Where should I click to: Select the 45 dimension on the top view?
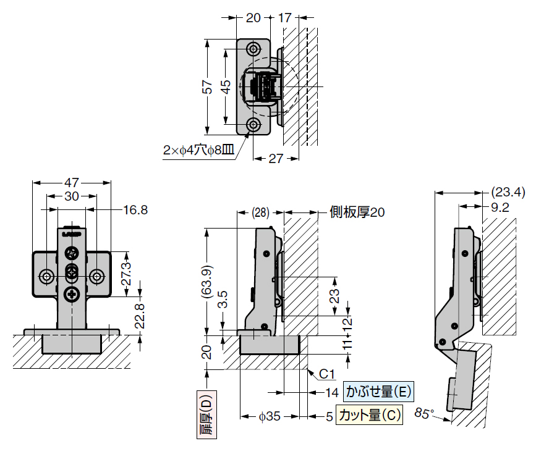pos(226,86)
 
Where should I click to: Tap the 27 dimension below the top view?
pos(276,159)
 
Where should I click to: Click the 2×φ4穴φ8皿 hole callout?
pos(199,150)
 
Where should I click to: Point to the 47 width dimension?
pos(72,183)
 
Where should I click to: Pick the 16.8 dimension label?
pos(135,210)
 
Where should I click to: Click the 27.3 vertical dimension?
pos(126,274)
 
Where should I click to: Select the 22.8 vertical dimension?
pos(140,316)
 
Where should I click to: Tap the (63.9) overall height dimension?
pos(208,282)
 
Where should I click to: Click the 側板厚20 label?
pos(357,212)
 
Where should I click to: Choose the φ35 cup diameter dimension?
pos(270,416)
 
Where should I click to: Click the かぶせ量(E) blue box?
pos(378,392)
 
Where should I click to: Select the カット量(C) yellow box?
pos(369,415)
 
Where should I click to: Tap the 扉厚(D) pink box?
pos(207,414)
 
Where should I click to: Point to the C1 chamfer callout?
pos(326,374)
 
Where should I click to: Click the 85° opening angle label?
pos(424,413)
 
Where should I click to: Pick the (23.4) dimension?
pos(508,192)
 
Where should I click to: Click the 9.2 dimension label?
pos(500,208)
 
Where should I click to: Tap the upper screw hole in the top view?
pos(253,49)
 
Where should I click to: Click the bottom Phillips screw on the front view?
pos(72,294)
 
